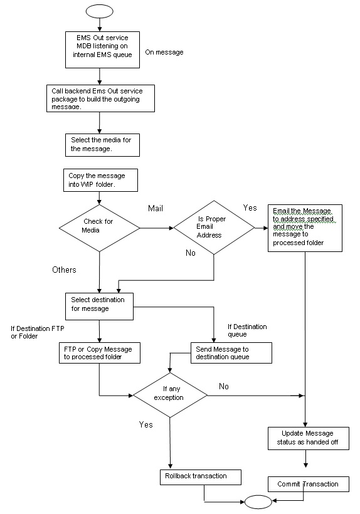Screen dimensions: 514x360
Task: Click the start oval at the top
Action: tap(100, 11)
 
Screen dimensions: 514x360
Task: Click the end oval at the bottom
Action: tap(259, 501)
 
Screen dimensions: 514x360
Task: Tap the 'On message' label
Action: tap(164, 52)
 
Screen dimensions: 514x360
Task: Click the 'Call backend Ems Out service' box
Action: tap(101, 98)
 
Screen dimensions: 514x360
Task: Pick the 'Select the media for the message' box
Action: tap(102, 144)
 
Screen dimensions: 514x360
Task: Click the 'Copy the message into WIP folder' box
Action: tap(99, 179)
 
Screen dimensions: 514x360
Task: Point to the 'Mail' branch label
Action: tap(156, 207)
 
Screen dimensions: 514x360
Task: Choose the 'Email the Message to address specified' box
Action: tap(305, 228)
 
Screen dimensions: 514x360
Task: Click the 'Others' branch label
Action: tap(64, 270)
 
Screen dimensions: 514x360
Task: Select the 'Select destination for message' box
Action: tap(100, 304)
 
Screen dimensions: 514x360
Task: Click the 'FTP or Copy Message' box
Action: tap(98, 352)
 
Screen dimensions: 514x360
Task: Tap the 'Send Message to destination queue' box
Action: tap(231, 352)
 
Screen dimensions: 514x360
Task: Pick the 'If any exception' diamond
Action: tap(169, 394)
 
